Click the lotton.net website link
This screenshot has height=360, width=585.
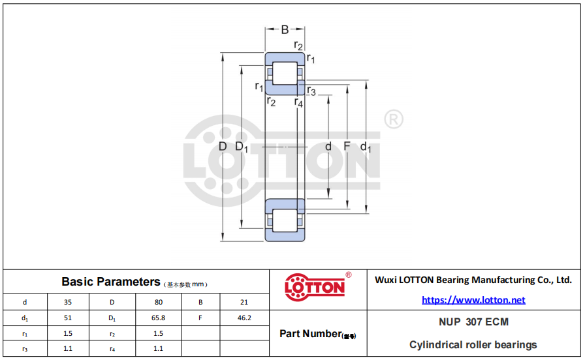[473, 300]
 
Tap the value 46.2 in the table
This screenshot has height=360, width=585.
[244, 318]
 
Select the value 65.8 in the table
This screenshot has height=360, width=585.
[158, 318]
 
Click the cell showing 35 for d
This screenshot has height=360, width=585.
[67, 302]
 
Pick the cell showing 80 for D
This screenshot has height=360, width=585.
[159, 302]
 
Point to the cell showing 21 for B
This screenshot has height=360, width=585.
[244, 302]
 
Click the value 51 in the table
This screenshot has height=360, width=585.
[67, 318]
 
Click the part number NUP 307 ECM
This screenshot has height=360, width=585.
[473, 322]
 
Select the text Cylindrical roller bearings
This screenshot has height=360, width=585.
[473, 345]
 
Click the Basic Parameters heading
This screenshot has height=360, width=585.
[111, 282]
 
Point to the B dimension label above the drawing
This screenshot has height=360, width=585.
[285, 29]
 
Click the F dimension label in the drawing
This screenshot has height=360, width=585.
[347, 146]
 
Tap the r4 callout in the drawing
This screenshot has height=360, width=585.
[298, 102]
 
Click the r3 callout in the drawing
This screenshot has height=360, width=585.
[311, 91]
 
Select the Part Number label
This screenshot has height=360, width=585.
[317, 334]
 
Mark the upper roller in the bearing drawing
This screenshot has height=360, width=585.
[285, 73]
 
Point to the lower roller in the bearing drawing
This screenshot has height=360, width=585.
[285, 220]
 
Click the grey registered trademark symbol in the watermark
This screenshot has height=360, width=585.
[394, 119]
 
